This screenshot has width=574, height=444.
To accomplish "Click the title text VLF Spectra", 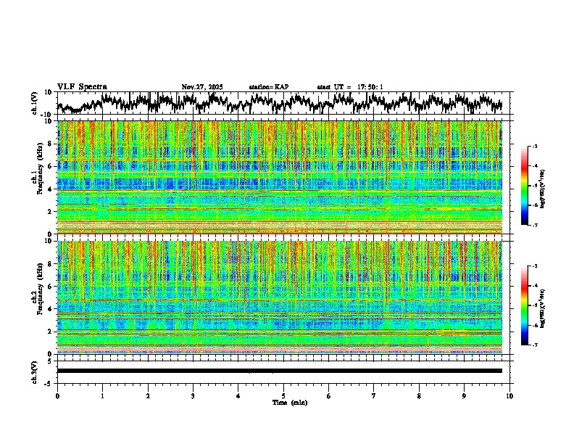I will [82, 87].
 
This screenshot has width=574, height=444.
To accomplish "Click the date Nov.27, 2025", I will [202, 87].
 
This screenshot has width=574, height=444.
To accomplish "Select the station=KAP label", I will [269, 87].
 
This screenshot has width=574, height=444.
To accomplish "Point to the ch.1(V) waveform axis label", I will [35, 103].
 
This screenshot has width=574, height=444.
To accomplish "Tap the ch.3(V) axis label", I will [35, 370].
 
